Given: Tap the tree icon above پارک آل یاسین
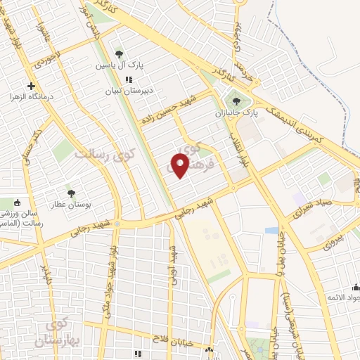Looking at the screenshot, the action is [x=119, y=53].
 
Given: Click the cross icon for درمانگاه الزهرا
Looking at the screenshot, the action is [x=31, y=86].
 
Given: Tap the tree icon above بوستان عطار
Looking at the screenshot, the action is [x=70, y=193].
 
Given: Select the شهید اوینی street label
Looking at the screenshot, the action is [x=172, y=264].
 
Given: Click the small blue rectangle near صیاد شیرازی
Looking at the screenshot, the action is [x=271, y=230].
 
